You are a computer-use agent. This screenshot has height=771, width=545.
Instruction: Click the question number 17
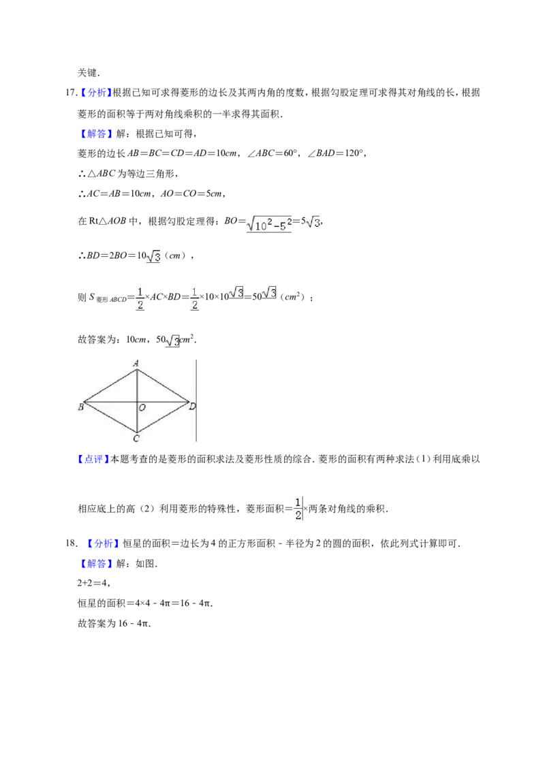pos(71,93)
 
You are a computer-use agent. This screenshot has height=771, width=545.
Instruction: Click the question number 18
pos(71,544)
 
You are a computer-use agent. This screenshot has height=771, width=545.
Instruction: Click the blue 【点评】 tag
pos(92,459)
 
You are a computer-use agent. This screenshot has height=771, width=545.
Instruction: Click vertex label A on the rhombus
pos(136,364)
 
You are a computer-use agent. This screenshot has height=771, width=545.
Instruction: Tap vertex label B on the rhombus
pos(80,407)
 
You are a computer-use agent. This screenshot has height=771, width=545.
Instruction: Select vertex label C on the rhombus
pos(136,438)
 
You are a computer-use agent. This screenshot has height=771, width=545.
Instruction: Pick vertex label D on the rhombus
pos(192,406)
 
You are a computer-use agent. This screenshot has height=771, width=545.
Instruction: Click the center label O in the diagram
pos(142,407)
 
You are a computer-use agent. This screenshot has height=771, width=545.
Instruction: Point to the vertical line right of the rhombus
pos(196,400)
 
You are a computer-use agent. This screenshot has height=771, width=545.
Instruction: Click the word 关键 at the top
pos(88,73)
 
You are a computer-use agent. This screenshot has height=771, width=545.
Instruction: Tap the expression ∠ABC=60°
pos(272,153)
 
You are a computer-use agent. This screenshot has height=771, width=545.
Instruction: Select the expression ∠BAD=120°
pos(337,153)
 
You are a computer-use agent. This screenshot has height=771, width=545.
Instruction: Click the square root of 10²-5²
pos(268,225)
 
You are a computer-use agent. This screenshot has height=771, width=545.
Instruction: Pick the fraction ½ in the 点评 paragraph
pos(298,509)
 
